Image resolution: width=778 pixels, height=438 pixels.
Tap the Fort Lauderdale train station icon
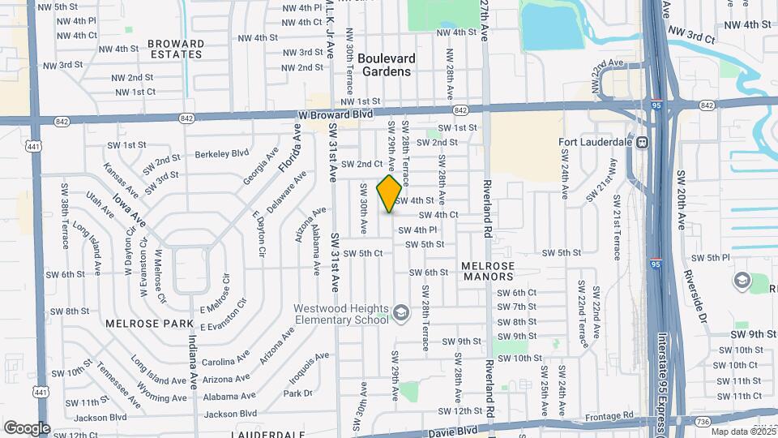click(x=641, y=143)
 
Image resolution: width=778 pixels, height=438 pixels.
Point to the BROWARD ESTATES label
click(x=176, y=49)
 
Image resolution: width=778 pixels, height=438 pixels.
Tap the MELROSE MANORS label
click(x=488, y=272)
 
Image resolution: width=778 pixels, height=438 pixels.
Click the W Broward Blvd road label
click(x=335, y=114)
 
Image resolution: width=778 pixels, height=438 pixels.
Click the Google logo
click(x=27, y=428)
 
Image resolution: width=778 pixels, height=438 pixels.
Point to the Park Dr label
click(x=297, y=393)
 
